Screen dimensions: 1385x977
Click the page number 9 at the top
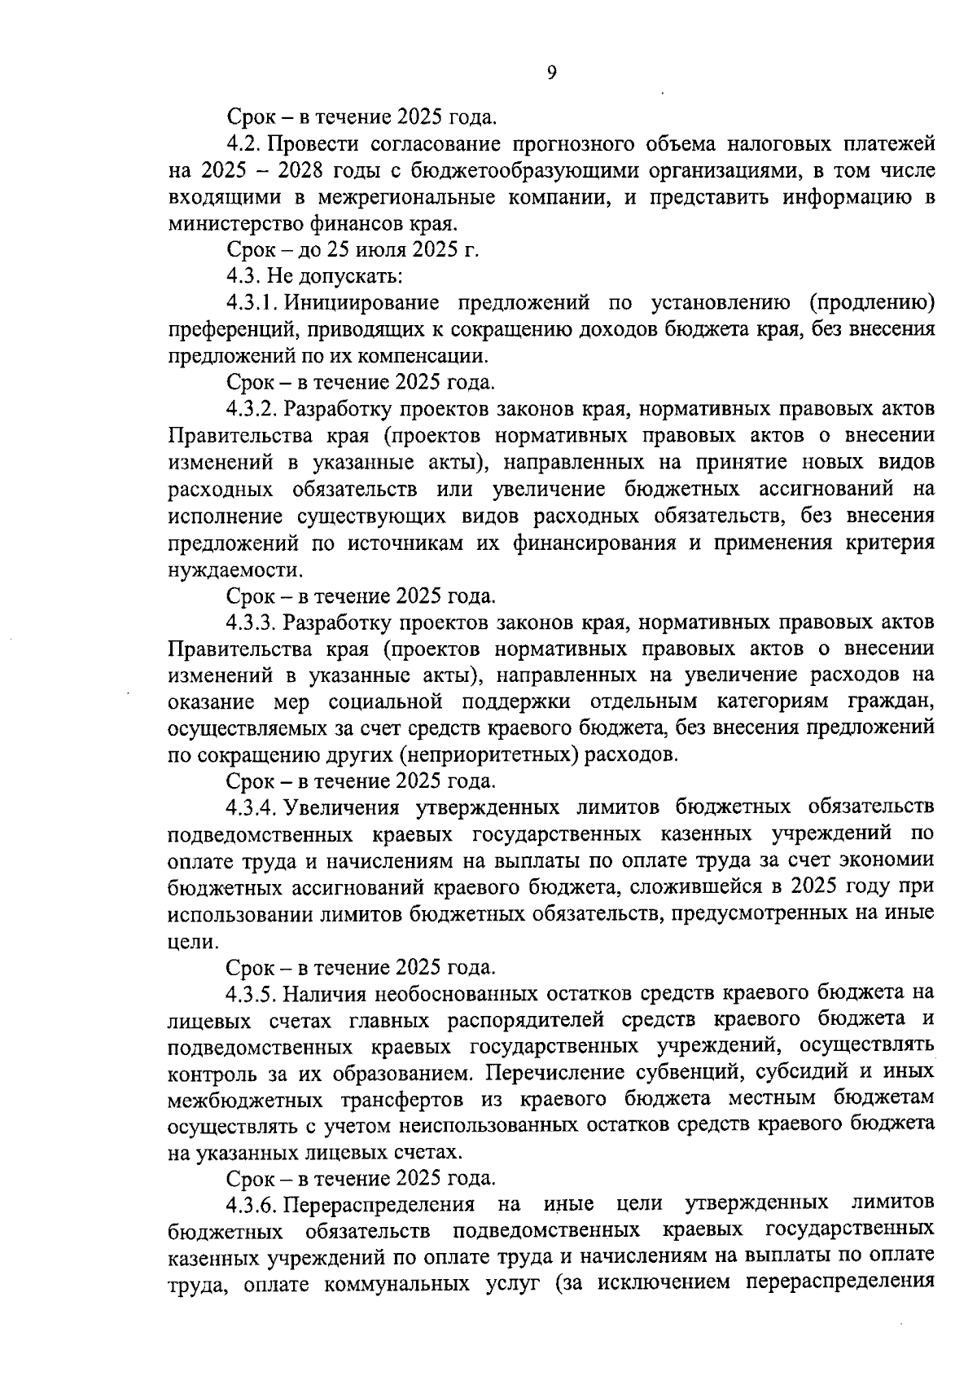551,73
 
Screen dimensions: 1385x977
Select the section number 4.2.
243,144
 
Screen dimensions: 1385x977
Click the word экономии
887,861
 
